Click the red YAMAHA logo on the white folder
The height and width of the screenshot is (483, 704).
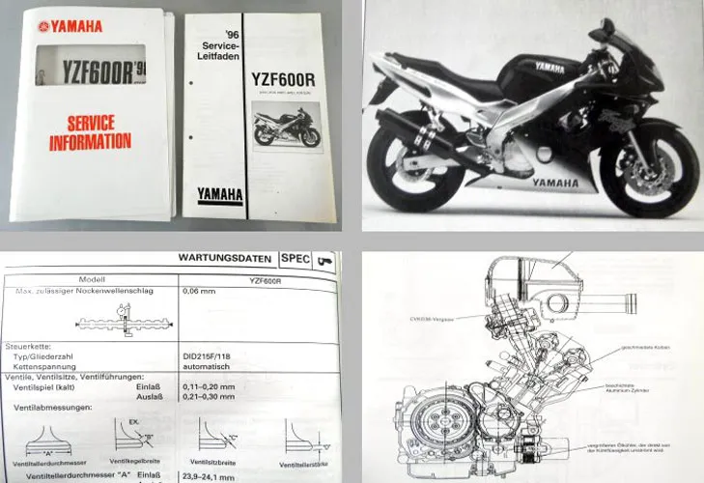click(x=70, y=26)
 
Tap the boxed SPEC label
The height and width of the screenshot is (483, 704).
click(x=294, y=259)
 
